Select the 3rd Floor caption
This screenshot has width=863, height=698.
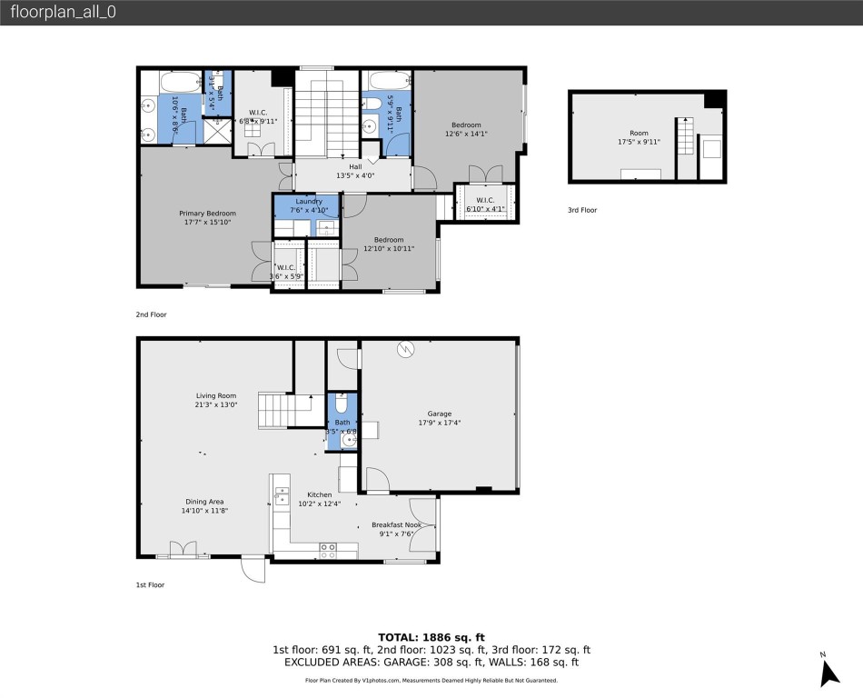tap(582, 210)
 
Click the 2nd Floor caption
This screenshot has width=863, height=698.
tap(152, 314)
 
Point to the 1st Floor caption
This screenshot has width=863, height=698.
tap(151, 585)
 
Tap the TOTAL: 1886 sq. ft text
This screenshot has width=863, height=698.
tap(431, 637)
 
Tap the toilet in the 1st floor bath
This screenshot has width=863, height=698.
tap(342, 405)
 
